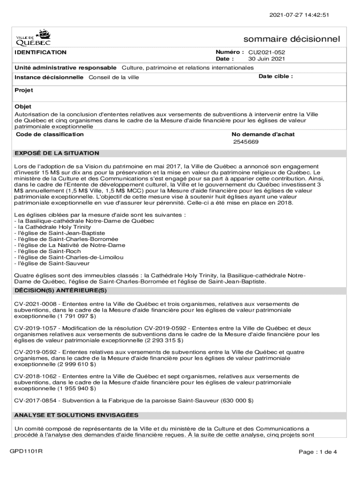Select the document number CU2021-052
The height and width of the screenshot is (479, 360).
(266, 52)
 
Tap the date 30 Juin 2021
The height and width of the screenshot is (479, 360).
(266, 59)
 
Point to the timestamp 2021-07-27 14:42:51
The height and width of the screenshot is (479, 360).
(299, 15)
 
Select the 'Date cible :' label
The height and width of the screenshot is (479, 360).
(275, 76)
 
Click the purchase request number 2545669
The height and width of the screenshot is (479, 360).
(246, 142)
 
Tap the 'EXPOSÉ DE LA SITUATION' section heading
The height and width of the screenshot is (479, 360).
(57, 153)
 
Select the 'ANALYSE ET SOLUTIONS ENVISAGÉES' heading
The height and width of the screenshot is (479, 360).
(76, 415)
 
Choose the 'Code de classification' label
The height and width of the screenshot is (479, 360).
(50, 135)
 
